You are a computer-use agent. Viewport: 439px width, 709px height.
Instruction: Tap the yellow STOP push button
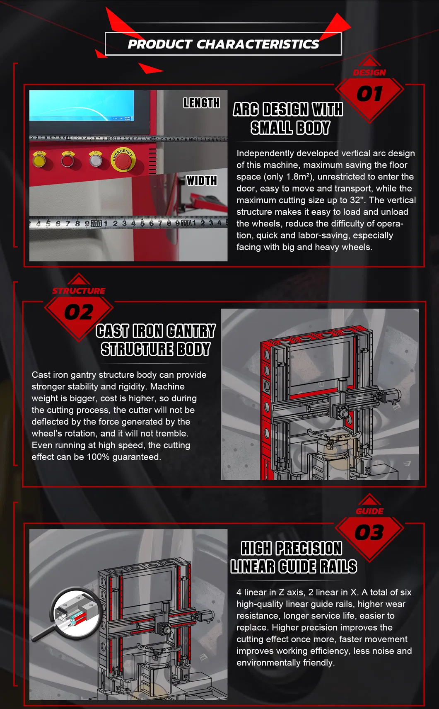[x=39, y=160]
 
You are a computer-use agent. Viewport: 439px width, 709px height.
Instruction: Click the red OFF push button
[x=68, y=160]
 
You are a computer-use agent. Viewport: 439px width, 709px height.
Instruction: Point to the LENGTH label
[x=201, y=103]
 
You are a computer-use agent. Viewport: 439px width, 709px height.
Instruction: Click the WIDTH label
[x=202, y=180]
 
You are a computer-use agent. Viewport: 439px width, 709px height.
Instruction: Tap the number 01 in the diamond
[x=369, y=94]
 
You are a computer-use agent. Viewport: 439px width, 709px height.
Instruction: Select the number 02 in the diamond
[x=79, y=312]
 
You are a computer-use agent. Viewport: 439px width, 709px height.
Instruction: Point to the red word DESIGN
[x=369, y=73]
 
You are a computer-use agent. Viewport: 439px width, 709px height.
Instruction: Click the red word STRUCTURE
[x=79, y=291]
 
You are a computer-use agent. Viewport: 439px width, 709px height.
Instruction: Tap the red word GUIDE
[x=369, y=511]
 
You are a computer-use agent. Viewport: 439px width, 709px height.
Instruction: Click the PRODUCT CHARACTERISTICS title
[x=224, y=44]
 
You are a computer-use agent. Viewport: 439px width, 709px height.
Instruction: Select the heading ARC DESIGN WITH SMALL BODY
[x=288, y=119]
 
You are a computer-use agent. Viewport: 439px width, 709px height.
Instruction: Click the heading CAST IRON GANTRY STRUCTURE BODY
[x=156, y=340]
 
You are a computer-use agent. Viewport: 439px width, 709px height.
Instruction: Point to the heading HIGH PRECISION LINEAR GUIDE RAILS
[x=294, y=557]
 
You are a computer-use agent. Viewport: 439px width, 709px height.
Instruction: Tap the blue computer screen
[x=82, y=105]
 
